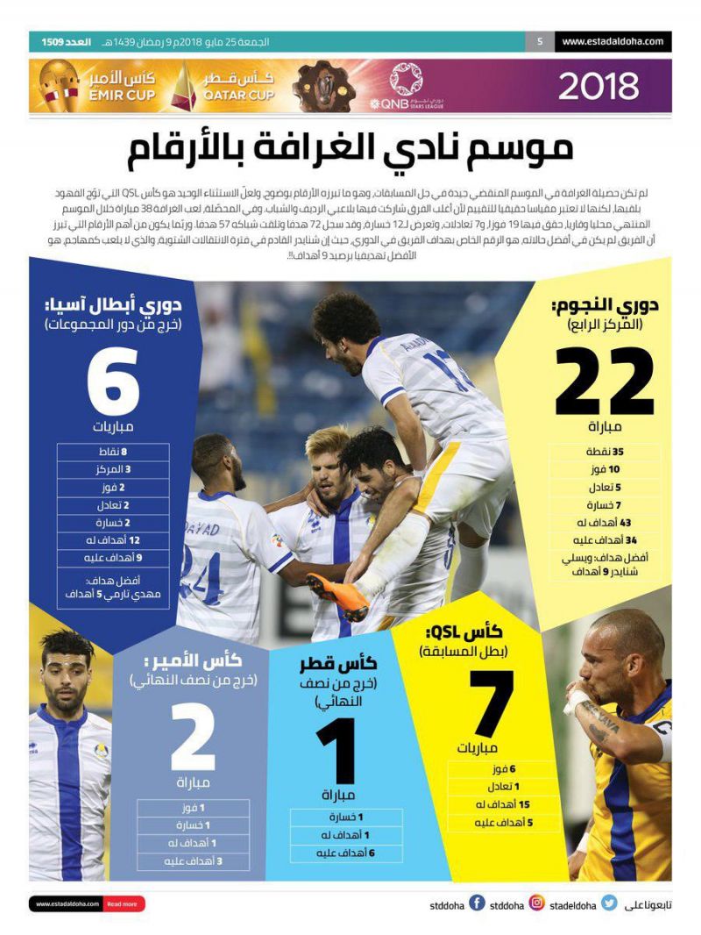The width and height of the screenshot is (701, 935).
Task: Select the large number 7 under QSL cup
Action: pos(491,704)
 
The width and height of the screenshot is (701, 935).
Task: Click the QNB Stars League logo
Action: pos(406,86)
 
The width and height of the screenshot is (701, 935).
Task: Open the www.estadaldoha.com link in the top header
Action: pos(612,41)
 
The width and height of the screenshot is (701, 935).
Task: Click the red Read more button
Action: pos(123,904)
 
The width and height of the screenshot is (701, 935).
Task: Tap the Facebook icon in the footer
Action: pos(477,903)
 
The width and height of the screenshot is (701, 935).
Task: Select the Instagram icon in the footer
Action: pos(536,903)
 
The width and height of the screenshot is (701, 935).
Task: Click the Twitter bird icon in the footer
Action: pos(608,903)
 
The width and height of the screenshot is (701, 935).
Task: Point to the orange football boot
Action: pos(336,596)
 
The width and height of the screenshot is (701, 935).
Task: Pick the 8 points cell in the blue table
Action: pos(113,453)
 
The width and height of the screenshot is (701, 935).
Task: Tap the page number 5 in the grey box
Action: pos(540,41)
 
